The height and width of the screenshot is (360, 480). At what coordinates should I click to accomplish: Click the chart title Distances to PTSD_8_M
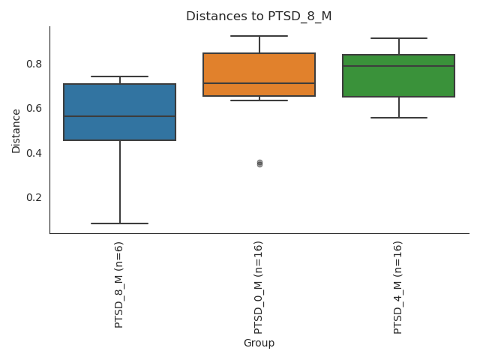coord(259,16)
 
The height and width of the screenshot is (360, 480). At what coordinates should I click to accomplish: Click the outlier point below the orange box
coord(259,163)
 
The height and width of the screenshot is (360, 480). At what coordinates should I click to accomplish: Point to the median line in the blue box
coord(120,116)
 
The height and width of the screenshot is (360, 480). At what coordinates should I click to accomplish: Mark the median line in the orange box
coord(259,83)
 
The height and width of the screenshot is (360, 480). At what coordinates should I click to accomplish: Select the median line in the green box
coord(398,66)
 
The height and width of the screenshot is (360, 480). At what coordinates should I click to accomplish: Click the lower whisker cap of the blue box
coord(120,223)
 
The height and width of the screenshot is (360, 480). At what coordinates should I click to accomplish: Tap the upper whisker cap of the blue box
coord(120,76)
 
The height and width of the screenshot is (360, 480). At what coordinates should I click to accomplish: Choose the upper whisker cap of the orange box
coord(259,36)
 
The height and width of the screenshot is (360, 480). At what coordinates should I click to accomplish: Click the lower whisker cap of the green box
coord(398,118)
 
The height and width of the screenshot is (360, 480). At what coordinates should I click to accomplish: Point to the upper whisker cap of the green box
coord(398,38)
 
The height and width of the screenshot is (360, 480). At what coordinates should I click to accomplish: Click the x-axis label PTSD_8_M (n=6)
coord(119,284)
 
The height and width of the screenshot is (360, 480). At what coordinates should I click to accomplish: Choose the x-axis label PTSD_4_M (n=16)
coord(398,287)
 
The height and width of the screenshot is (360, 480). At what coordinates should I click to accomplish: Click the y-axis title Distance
coord(16,130)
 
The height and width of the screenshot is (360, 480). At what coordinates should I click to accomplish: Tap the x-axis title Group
coord(259,343)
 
